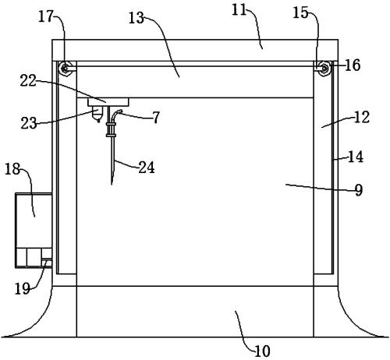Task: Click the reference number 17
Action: [x=45, y=16]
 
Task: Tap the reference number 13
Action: [x=136, y=19]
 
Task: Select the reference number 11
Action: [x=239, y=10]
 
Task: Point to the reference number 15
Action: [x=300, y=12]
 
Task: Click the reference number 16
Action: [x=353, y=65]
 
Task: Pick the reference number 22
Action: [x=28, y=81]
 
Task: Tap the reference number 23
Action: [x=29, y=123]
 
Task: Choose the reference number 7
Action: [x=156, y=118]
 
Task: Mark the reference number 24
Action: [x=147, y=167]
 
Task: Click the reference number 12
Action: [x=362, y=117]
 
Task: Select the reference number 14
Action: [x=356, y=157]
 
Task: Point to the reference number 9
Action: [x=359, y=190]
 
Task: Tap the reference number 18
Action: [x=12, y=169]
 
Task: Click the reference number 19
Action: [x=22, y=288]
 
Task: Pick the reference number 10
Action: [x=263, y=351]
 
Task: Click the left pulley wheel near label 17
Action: [x=64, y=69]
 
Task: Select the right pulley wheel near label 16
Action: [x=324, y=69]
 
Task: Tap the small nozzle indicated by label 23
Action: [x=97, y=115]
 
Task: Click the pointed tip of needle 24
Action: [x=112, y=184]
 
